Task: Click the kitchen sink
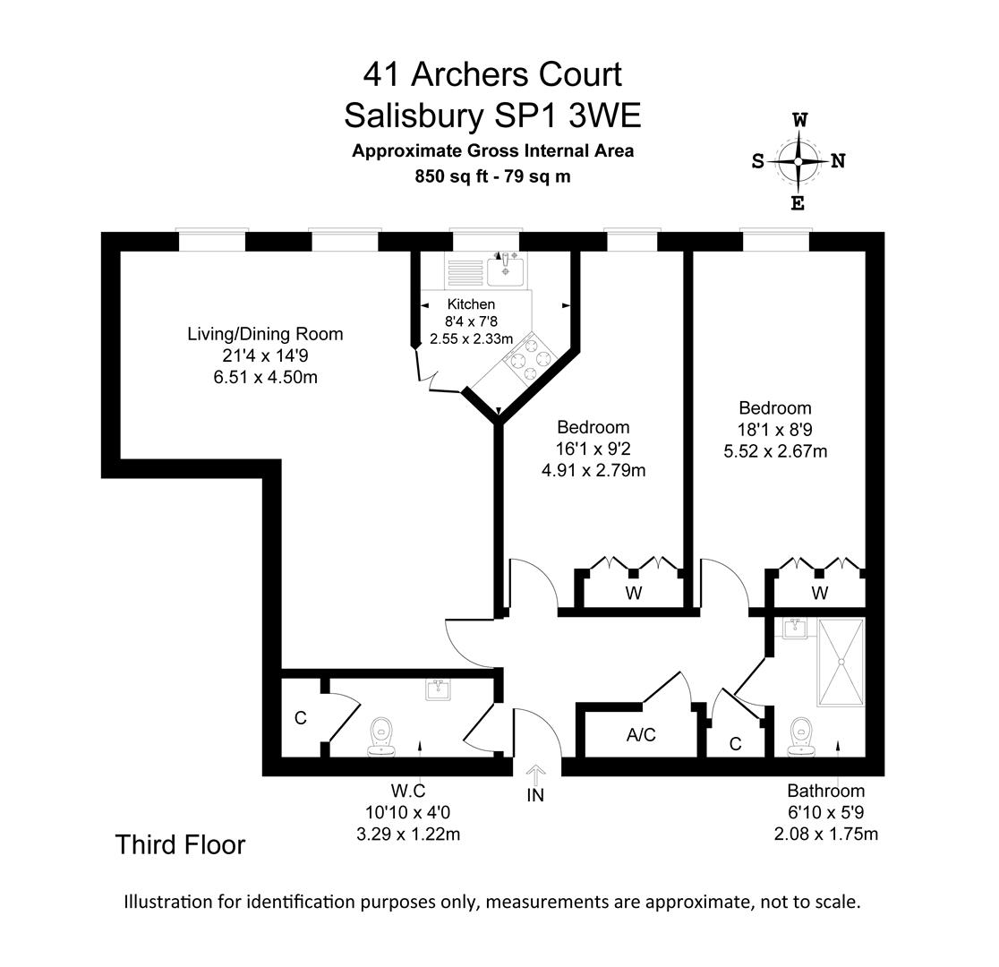point(505,267)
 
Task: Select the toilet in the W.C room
point(382,735)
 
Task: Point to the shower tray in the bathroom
point(841,662)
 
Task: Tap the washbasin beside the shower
point(794,629)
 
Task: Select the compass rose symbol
point(798,161)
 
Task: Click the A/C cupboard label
point(641,735)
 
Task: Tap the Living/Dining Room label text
point(265,334)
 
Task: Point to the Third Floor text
point(180,844)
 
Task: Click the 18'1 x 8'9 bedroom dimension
point(775,429)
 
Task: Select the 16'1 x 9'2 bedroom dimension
point(593,449)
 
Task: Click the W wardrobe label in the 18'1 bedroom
point(820,593)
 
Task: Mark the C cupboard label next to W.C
point(301,718)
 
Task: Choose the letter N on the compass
point(838,161)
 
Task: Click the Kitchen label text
point(471,304)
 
